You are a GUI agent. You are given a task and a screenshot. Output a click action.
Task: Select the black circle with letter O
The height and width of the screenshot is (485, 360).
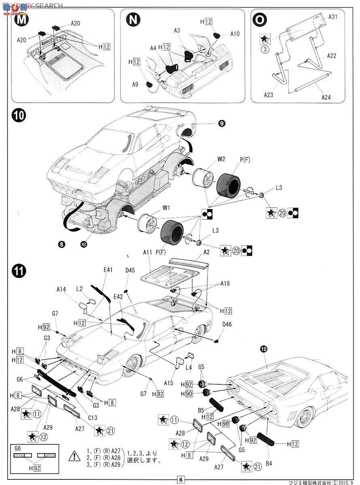[x=259, y=20]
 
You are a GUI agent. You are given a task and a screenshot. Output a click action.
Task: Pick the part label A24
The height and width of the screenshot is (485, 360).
[x=326, y=97]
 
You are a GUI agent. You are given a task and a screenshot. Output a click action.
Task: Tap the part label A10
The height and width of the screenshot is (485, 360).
[x=235, y=34]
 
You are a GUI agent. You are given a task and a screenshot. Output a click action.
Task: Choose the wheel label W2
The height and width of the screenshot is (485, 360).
[x=221, y=158]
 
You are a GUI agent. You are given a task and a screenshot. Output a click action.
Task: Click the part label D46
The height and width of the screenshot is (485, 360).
[x=227, y=324]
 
